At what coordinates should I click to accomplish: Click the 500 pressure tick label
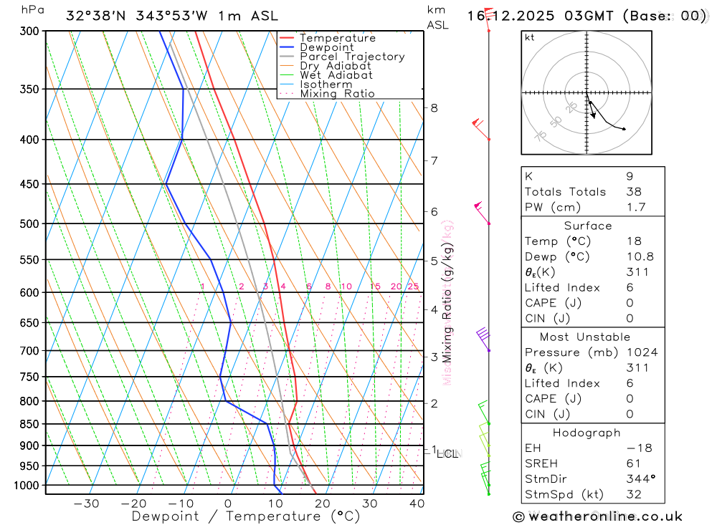(29, 223)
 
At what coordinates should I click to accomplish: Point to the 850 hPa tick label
(29, 424)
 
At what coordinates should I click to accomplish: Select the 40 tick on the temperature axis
(417, 504)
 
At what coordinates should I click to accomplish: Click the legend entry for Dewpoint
(326, 47)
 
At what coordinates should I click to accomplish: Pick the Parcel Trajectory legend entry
(351, 57)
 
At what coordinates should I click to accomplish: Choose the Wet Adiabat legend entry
(336, 75)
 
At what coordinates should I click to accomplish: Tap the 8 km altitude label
(434, 108)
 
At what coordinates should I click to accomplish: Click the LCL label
(447, 453)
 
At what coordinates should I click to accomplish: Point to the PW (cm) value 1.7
(636, 208)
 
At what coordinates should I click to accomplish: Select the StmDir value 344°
(639, 479)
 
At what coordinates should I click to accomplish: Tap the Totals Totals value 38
(633, 192)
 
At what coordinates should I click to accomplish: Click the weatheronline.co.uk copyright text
(597, 516)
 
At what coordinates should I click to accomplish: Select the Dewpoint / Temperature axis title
(246, 516)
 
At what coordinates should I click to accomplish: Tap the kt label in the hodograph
(530, 37)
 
